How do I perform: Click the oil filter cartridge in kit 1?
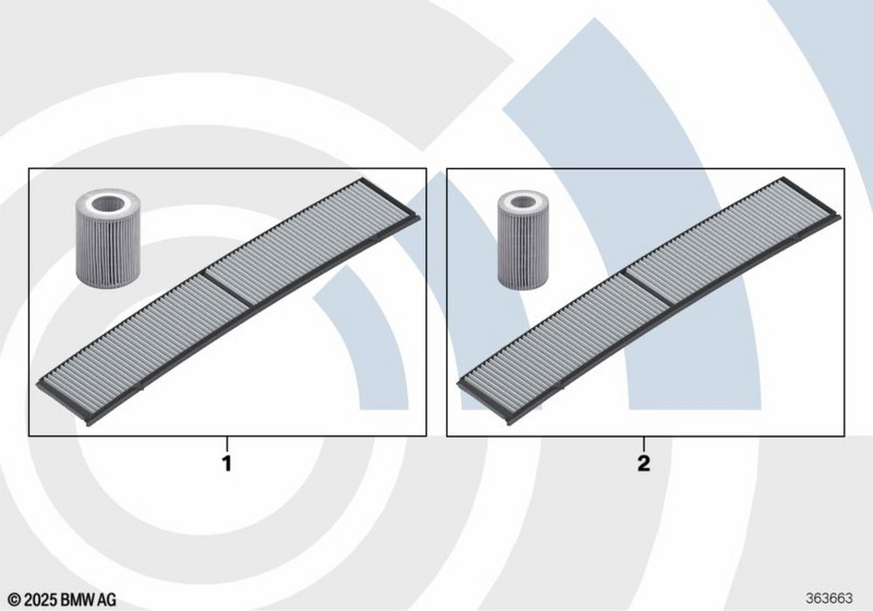point(107,238)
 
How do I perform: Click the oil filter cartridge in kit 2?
point(522,240)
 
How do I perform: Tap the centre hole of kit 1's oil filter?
point(107,203)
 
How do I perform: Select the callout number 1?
point(227,463)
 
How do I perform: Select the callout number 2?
point(643,463)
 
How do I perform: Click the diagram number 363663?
point(829,598)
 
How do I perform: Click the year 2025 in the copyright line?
point(41,600)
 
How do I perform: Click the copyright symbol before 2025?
point(14,600)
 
